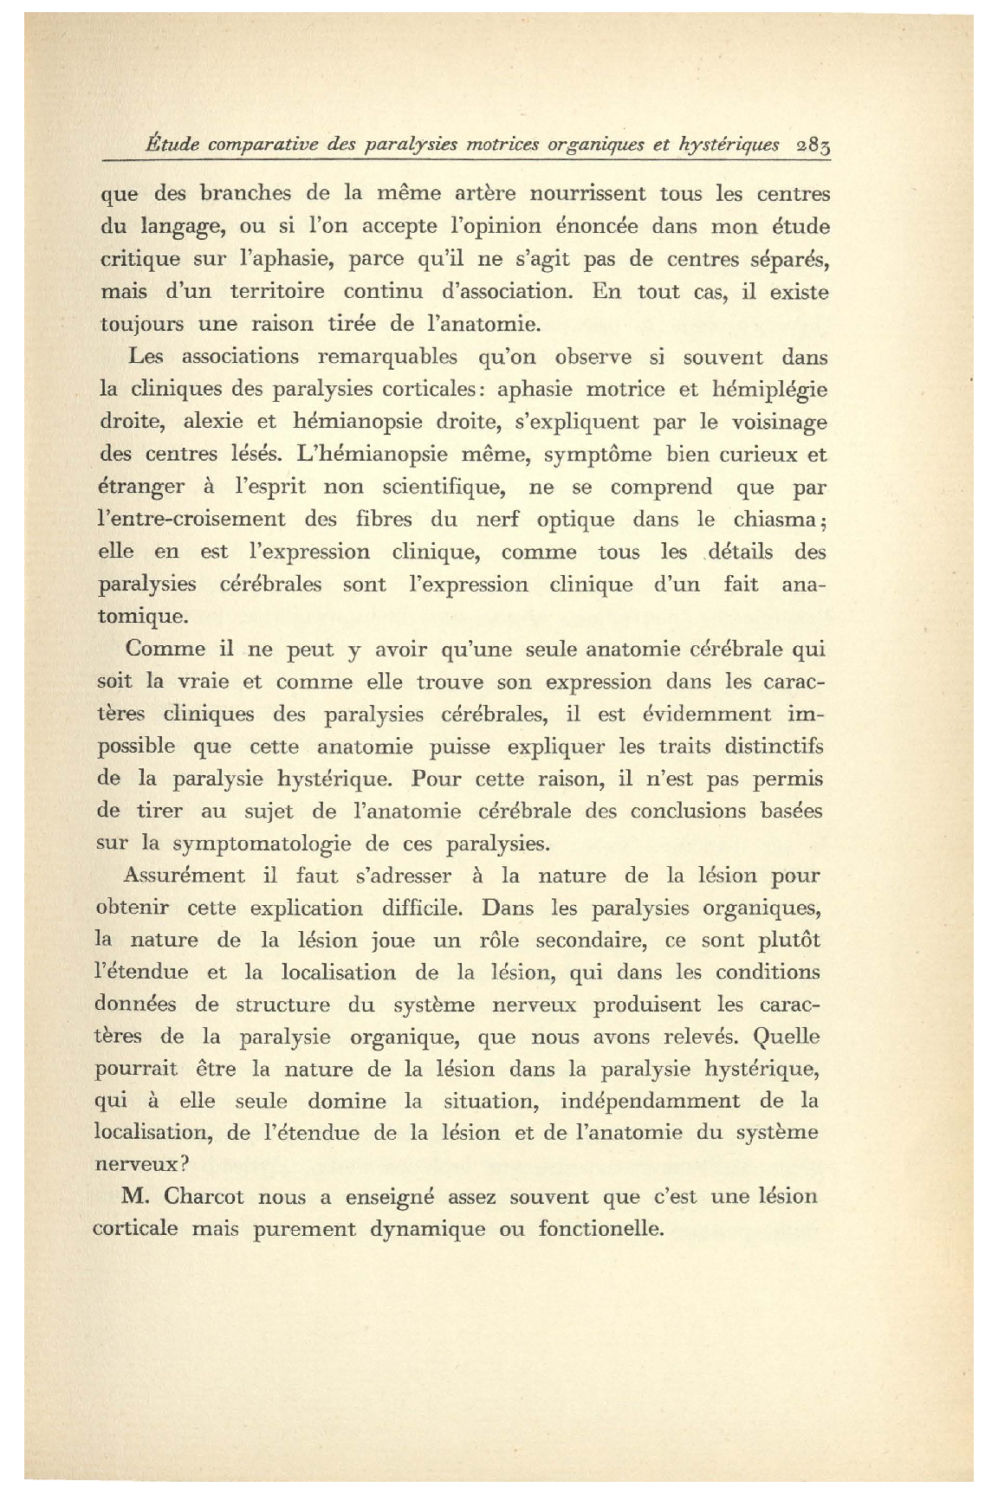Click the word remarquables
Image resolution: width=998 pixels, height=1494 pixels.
pos(387,357)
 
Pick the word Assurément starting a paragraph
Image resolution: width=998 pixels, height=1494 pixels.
pos(184,876)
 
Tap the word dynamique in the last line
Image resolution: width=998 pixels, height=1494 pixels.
pos(428,1230)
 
